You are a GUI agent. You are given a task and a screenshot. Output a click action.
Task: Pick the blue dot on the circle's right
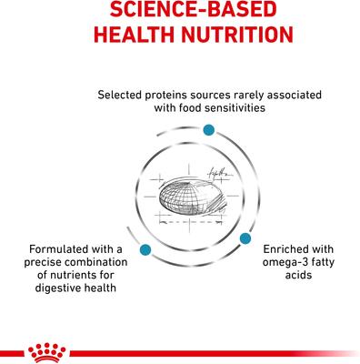245,238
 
